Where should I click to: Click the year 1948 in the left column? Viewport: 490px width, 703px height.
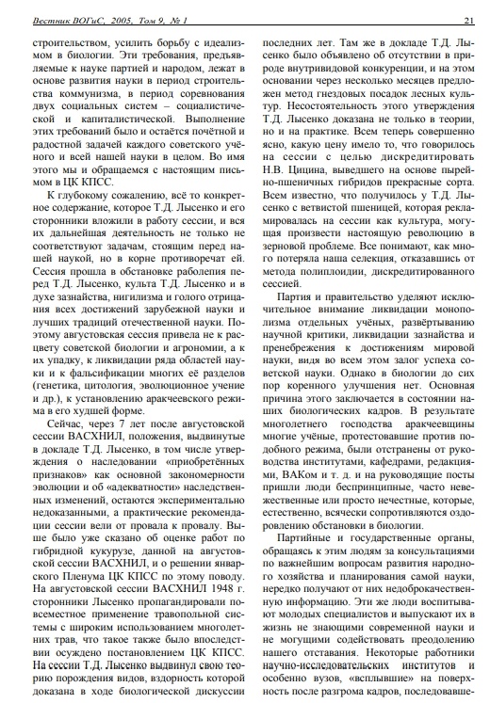(220, 585)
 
